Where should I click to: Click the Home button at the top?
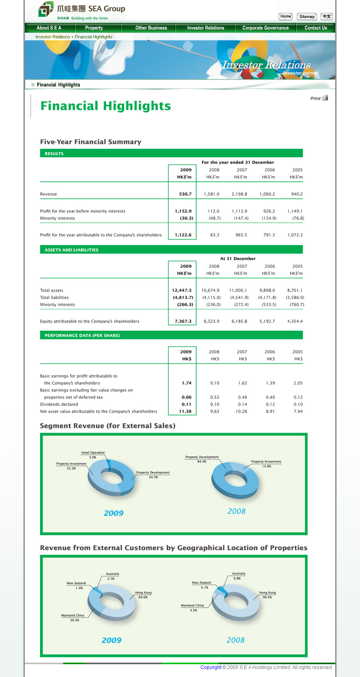(x=286, y=16)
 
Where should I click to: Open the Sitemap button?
(x=307, y=17)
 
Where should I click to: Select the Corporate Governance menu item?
(x=265, y=28)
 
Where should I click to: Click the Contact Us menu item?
(x=316, y=28)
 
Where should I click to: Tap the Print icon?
(x=325, y=98)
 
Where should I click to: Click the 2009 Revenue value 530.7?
(x=185, y=194)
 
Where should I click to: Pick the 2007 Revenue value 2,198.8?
(x=239, y=194)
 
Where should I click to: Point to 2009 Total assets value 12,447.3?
(x=182, y=291)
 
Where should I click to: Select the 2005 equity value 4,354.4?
(x=295, y=322)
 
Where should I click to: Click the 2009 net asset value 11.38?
(x=185, y=411)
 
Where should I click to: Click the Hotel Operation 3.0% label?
(x=93, y=455)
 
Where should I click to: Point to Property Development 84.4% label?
(x=202, y=459)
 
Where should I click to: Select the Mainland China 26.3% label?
(x=73, y=618)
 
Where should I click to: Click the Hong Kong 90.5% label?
(x=267, y=595)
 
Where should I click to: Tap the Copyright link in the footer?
(x=211, y=667)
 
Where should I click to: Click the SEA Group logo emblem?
(x=46, y=9)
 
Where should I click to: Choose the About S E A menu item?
(x=49, y=28)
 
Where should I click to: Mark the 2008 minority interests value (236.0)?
(x=213, y=305)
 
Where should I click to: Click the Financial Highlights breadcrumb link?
(x=94, y=37)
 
